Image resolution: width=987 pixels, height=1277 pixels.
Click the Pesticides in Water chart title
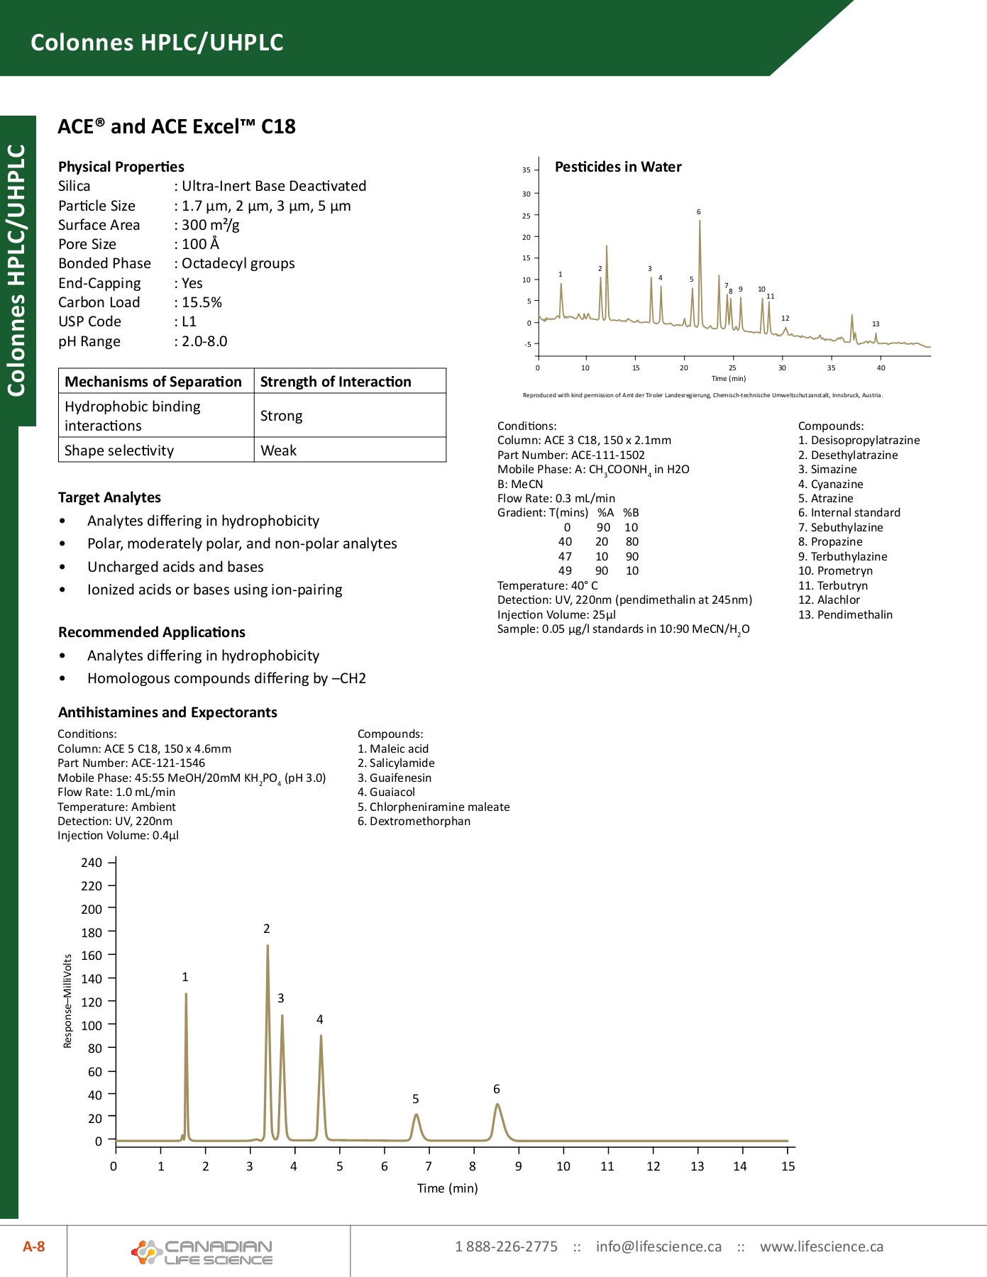[x=618, y=167]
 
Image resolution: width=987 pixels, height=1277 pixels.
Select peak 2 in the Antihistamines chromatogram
[x=268, y=951]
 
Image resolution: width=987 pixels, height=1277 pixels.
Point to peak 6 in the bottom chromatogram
[x=497, y=1107]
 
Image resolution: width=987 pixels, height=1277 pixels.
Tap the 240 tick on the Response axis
[x=92, y=863]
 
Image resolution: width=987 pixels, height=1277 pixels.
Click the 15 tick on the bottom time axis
[x=788, y=1166]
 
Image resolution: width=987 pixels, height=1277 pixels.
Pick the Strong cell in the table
[x=282, y=416]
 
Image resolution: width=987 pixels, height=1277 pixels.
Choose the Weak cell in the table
[x=279, y=450]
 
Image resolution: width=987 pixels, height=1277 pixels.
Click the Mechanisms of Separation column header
[x=153, y=382]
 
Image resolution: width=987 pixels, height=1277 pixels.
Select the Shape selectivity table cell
[x=119, y=450]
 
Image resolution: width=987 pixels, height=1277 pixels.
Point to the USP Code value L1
[x=189, y=321]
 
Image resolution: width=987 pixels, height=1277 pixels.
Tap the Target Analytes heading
[x=109, y=497]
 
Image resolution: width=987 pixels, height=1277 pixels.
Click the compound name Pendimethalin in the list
[x=854, y=614]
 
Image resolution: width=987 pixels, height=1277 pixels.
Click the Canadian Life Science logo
[x=202, y=1252]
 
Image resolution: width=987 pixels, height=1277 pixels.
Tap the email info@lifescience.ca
[x=658, y=1246]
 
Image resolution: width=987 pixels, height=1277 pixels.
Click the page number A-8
[x=33, y=1246]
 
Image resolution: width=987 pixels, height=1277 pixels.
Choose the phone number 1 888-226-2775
[x=506, y=1246]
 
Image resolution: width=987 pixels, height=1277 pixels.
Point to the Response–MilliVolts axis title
[x=68, y=1001]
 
